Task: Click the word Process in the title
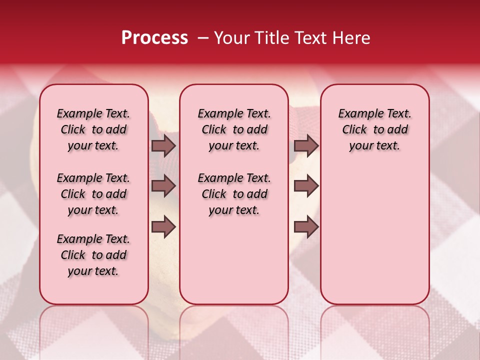[154, 38]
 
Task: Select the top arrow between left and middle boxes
[163, 145]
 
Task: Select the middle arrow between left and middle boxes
[163, 186]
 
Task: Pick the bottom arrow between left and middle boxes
[163, 227]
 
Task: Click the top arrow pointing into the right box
[306, 145]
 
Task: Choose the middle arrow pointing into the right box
[306, 186]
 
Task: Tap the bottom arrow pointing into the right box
[306, 227]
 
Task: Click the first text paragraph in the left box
[93, 129]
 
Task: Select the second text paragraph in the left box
[93, 194]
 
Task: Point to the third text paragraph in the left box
[93, 255]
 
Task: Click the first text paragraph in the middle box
[234, 129]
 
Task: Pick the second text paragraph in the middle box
[234, 194]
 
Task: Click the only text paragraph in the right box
[375, 129]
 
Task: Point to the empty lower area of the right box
[375, 240]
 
